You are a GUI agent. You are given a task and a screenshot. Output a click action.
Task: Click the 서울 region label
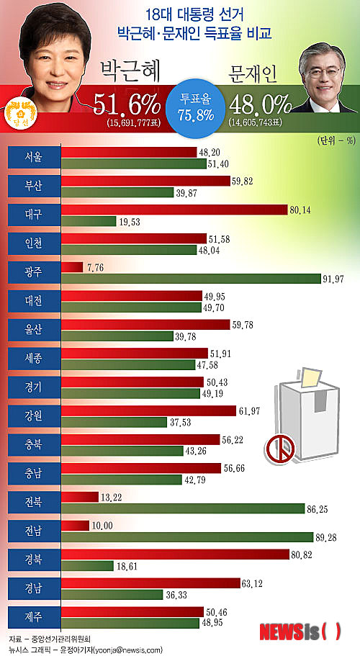coord(33,158)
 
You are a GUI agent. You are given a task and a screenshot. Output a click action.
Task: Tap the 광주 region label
coord(33,273)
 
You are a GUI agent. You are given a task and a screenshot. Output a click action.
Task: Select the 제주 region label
coord(33,617)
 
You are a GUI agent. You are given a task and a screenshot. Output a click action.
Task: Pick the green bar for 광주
coord(192,279)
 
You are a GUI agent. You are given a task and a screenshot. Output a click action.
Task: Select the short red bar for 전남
coord(76,526)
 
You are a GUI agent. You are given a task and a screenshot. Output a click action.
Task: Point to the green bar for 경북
coord(87,566)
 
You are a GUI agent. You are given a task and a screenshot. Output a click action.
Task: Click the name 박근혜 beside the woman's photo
coord(129,71)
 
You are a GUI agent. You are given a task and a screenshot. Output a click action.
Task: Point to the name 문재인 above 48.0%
coord(253,75)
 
